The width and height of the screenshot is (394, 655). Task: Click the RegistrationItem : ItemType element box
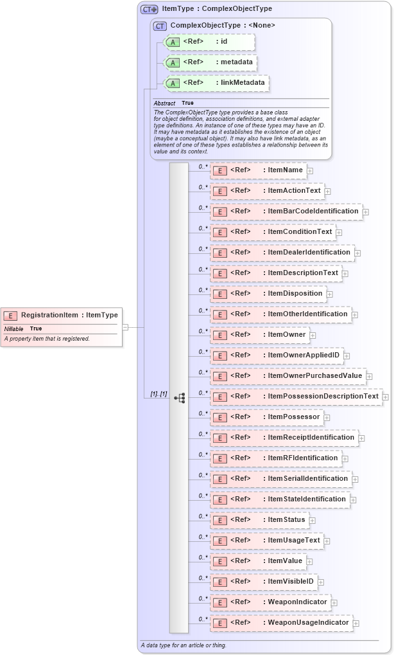pos(62,315)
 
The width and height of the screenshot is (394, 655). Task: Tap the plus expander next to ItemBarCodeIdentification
pos(366,211)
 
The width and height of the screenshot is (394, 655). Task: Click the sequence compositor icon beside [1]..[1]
pos(180,398)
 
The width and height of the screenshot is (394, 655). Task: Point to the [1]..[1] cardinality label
pos(158,394)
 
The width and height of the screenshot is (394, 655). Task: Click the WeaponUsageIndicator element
pos(282,623)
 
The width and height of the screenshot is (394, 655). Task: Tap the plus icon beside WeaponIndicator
pos(334,603)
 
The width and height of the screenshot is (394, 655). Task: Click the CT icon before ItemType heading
pos(149,9)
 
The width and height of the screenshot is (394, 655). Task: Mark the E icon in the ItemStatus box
pos(219,521)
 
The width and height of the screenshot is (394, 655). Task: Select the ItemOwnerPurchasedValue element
pos(288,376)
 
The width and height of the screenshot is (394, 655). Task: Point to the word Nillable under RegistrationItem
pos(13,328)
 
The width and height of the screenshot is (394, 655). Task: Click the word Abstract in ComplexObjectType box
pos(164,103)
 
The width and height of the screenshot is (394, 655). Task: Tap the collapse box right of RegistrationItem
pos(125,327)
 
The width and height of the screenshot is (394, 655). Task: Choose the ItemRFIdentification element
pos(276,458)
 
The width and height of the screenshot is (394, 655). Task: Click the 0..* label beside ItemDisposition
pos(203,290)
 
